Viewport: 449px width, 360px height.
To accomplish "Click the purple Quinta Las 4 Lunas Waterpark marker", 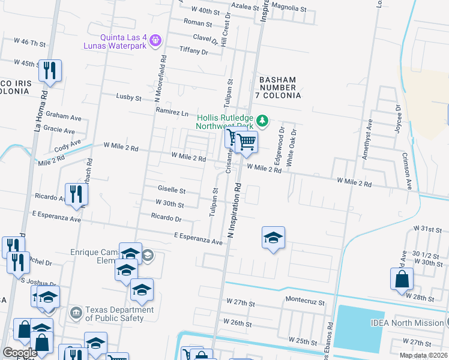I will click(155, 40).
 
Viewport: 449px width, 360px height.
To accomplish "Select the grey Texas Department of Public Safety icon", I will click(76, 312).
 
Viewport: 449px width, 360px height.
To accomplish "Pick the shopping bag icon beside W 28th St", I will click(402, 280).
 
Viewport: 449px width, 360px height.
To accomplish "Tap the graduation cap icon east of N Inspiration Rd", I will click(273, 238).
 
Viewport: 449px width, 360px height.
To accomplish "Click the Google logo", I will click(20, 352).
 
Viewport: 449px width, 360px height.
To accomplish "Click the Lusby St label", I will click(128, 97).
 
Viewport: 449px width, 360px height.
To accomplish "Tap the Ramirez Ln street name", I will click(172, 112).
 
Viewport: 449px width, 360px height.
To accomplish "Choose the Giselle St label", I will click(171, 190).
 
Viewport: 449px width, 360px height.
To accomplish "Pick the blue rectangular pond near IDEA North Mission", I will click(360, 329).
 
